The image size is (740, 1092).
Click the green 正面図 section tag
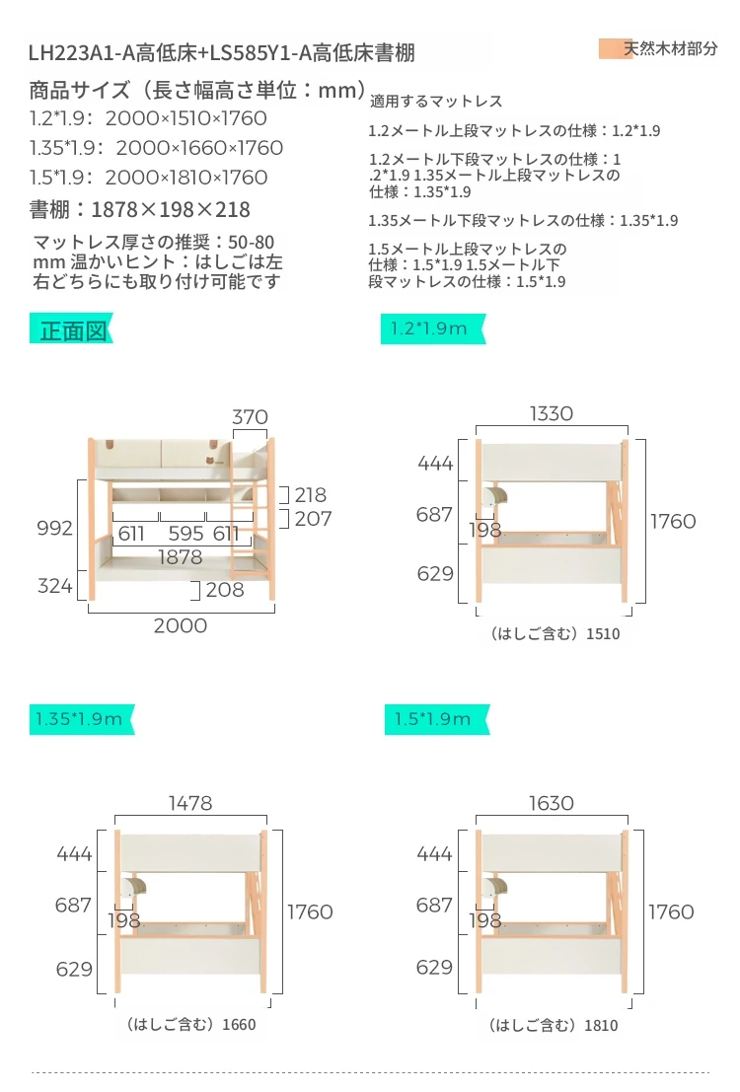70,329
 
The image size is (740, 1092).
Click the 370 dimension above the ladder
250,416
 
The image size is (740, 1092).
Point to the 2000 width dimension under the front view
181,625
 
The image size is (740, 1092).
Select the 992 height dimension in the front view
54,528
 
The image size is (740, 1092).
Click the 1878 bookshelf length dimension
181,557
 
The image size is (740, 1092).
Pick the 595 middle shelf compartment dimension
186,534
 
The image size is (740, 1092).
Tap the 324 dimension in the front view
54,586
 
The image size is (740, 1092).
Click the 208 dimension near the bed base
225,590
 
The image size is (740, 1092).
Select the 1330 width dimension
552,413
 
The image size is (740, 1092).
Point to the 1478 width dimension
190,803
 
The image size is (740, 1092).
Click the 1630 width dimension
552,803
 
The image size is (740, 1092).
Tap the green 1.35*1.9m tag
81,719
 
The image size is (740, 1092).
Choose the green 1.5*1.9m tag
436,719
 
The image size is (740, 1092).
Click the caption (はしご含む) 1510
555,633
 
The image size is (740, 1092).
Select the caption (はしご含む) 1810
554,1025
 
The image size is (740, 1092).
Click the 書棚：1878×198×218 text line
139,210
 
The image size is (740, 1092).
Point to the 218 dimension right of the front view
310,495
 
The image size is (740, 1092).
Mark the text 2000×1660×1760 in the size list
199,148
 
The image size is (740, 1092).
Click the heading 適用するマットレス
435,102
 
